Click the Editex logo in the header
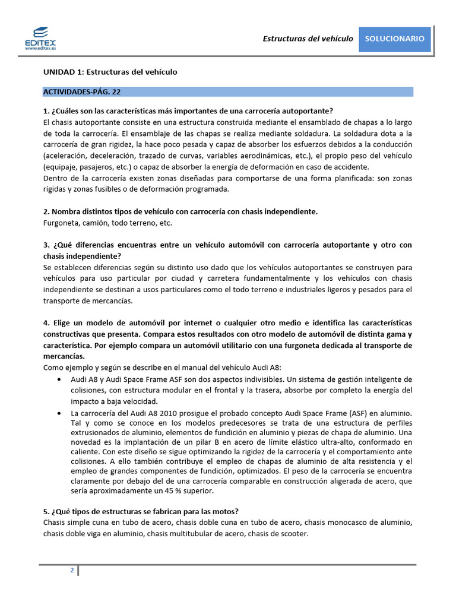[x=41, y=37]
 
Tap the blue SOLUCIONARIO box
[x=394, y=39]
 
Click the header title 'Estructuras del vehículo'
[x=308, y=39]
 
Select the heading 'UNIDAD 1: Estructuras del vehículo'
[x=110, y=72]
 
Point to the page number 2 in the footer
[x=72, y=571]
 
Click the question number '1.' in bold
[x=46, y=111]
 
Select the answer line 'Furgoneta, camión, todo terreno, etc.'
[x=107, y=223]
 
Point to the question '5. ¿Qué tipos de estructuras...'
[x=141, y=512]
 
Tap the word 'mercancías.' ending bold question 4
[x=64, y=357]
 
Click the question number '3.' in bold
[x=46, y=245]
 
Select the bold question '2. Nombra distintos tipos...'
[x=180, y=211]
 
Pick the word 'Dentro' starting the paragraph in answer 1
[x=55, y=178]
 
